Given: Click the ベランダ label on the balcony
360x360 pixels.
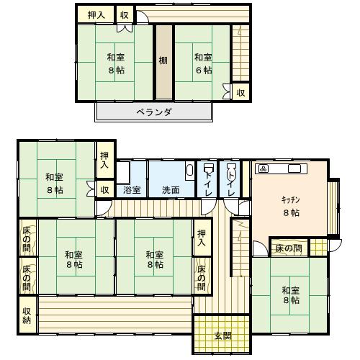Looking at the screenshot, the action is click(154, 112).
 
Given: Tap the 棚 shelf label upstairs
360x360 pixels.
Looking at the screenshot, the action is click(163, 60).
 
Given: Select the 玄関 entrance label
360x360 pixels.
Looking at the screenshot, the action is click(223, 336).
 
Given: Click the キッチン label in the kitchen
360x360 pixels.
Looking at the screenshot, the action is click(290, 199).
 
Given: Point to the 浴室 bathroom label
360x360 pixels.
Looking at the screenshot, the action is click(132, 190).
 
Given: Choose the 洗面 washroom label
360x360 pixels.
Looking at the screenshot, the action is click(171, 190).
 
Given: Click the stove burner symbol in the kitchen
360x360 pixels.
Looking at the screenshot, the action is click(264, 168).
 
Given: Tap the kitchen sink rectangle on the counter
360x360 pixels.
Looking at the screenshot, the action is click(294, 168).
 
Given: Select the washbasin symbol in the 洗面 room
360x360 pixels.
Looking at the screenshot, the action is click(190, 171).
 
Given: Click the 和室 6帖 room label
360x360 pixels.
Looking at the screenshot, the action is click(203, 64).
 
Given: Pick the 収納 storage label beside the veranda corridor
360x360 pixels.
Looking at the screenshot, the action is click(27, 315).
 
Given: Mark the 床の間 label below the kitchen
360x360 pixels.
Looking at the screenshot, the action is click(289, 248).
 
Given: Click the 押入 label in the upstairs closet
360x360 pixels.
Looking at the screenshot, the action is click(96, 15).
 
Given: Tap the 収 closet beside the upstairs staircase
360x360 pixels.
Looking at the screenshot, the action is click(241, 92).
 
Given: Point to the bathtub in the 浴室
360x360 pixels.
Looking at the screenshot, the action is click(123, 172).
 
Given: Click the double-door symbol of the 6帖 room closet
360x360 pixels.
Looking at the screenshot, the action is click(226, 91).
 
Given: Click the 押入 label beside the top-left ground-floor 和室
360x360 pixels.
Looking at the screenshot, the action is click(104, 160).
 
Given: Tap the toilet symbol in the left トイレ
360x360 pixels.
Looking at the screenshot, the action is click(207, 168).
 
